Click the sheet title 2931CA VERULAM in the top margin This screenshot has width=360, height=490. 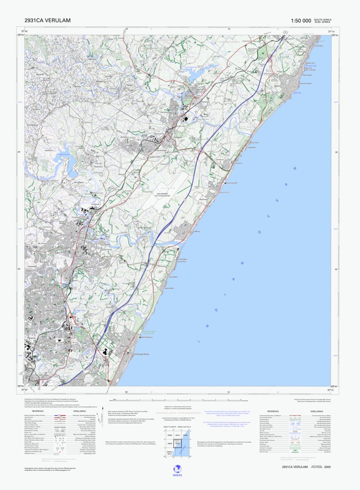coord(48,20)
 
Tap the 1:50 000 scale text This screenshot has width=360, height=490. coord(301,21)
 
